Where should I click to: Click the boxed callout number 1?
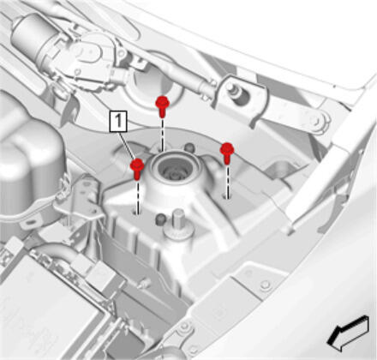tap(118, 122)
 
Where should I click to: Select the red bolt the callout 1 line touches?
tap(137, 169)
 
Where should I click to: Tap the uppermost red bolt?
tap(162, 106)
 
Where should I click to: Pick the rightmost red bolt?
tap(227, 153)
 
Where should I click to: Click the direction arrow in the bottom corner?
tap(348, 333)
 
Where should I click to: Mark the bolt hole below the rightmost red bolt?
tap(227, 197)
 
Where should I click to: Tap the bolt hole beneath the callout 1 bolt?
tap(136, 213)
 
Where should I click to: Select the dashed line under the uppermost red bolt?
tap(163, 135)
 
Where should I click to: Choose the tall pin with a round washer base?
tap(177, 225)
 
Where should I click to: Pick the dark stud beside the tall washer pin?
tap(160, 219)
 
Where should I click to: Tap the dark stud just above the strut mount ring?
tap(188, 147)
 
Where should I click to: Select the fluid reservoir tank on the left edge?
tap(28, 148)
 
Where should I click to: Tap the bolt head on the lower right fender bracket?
tap(266, 285)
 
